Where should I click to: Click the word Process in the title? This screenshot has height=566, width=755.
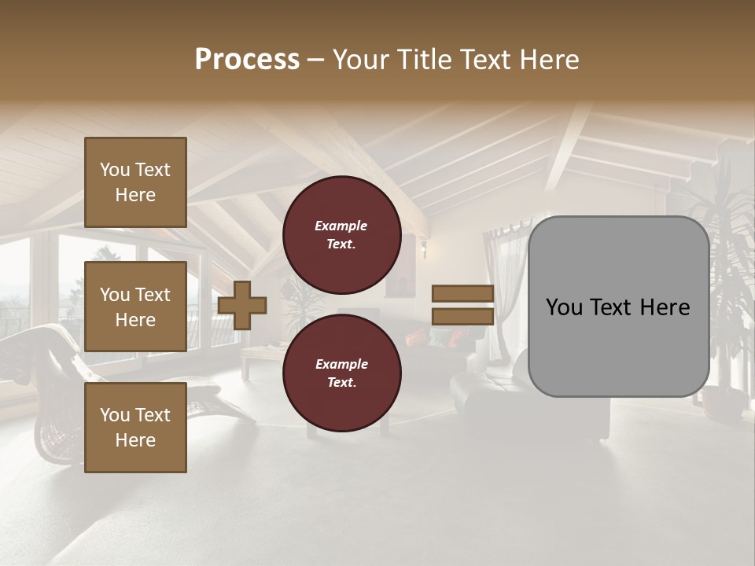pos(247,59)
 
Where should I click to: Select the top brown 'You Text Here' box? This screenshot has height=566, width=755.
pos(135,182)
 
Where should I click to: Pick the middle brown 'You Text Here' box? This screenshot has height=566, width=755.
pos(135,307)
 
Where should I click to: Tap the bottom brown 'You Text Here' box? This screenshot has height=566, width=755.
pos(135,428)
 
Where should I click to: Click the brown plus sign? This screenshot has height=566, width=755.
pos(242,305)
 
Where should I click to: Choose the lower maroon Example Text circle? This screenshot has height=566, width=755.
pos(341,373)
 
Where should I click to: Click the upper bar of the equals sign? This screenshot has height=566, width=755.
pos(462,293)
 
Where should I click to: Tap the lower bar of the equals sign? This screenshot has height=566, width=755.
pos(462,316)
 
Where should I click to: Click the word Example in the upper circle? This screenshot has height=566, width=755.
pos(341,226)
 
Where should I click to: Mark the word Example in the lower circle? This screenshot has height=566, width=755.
pos(341,364)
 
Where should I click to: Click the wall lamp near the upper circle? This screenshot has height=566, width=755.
pos(423,249)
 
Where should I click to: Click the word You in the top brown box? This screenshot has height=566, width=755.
pos(115,170)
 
